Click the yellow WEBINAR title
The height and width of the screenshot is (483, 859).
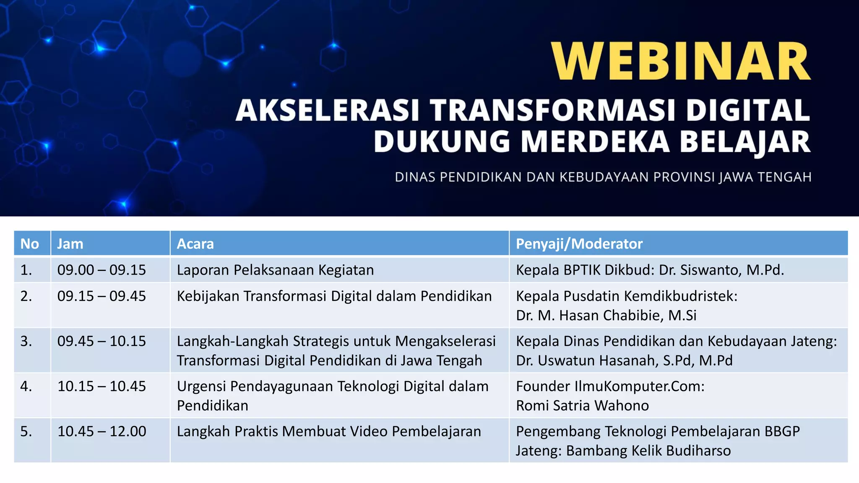click(680, 61)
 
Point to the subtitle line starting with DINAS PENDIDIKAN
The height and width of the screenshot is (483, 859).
click(603, 177)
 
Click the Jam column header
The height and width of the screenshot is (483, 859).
click(70, 244)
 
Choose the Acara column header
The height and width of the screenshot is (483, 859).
click(195, 244)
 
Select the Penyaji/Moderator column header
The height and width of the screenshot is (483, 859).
click(579, 244)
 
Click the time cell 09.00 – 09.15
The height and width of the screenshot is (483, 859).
click(102, 270)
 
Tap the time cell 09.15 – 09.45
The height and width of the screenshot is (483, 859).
click(102, 296)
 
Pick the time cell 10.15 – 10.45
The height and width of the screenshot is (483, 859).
click(102, 386)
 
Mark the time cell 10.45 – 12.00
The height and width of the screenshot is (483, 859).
click(102, 431)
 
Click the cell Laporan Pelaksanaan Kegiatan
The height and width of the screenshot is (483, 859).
click(275, 270)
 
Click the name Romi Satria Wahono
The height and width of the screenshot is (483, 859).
click(582, 405)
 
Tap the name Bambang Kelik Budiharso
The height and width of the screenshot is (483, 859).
click(648, 451)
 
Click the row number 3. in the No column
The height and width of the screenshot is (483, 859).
click(26, 341)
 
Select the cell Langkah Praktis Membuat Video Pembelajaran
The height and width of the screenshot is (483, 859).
click(329, 431)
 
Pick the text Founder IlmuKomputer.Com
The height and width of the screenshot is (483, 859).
click(610, 386)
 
